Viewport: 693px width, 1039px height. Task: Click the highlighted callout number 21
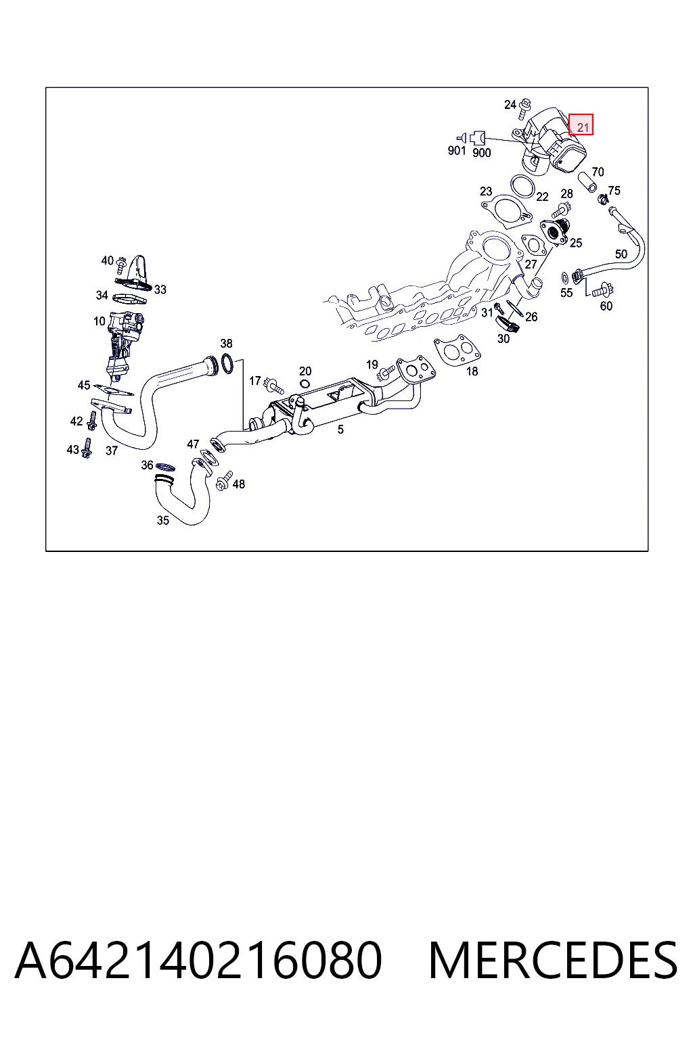[x=583, y=126]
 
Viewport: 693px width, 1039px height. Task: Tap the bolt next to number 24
[x=526, y=108]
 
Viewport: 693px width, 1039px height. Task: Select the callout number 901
[x=457, y=150]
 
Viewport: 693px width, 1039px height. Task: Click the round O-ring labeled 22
[x=522, y=186]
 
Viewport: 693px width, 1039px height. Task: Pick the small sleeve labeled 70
[x=587, y=182]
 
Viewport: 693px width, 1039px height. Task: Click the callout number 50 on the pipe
[x=621, y=254]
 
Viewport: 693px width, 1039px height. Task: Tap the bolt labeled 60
[x=602, y=291]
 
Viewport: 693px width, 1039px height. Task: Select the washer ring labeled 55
[x=565, y=278]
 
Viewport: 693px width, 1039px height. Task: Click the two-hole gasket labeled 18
[x=457, y=350]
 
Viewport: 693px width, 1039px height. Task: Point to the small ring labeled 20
[x=305, y=384]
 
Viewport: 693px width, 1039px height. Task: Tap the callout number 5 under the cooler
[x=340, y=430]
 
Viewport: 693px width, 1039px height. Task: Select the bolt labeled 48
[x=224, y=481]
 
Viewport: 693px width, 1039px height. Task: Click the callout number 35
[x=163, y=520]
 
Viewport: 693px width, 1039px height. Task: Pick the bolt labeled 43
[x=87, y=448]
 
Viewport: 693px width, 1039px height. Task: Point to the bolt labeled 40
[x=121, y=264]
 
